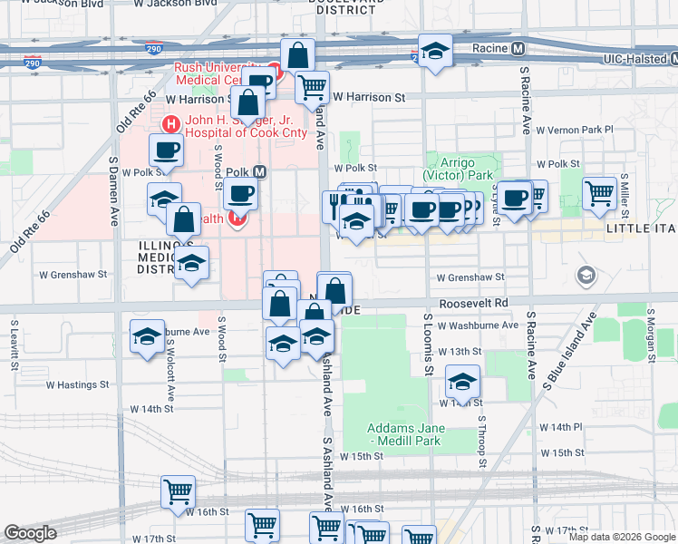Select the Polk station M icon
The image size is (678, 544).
(259, 170)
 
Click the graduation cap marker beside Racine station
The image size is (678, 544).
(435, 53)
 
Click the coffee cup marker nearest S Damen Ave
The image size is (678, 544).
(166, 150)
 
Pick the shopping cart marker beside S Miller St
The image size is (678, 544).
(599, 192)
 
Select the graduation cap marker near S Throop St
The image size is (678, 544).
(462, 382)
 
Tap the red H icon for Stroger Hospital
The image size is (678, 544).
(169, 124)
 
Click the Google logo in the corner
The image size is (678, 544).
(30, 533)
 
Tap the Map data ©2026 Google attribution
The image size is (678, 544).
(622, 537)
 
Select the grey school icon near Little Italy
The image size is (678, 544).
(586, 274)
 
